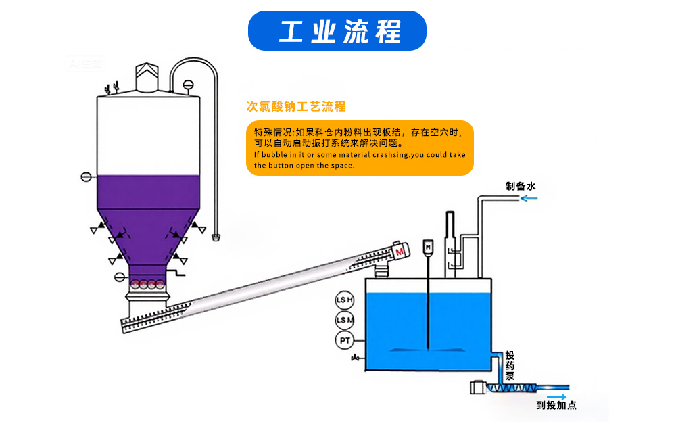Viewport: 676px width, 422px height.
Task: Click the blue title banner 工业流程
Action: click(x=337, y=30)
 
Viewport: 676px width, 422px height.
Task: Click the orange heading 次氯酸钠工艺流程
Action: click(x=296, y=107)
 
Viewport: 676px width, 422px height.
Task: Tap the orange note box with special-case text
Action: click(x=360, y=148)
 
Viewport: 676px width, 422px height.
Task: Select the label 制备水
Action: click(x=521, y=186)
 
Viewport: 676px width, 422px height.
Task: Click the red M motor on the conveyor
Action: click(x=400, y=252)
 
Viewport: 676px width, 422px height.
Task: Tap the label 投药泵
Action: click(x=511, y=366)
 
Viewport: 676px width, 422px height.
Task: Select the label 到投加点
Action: click(x=556, y=405)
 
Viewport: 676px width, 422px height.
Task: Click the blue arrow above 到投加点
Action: click(x=556, y=394)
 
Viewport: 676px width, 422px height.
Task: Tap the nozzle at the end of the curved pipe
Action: click(x=216, y=237)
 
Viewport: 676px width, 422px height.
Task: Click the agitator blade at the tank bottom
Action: click(x=427, y=350)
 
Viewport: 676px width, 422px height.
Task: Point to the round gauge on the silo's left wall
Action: click(x=86, y=177)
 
